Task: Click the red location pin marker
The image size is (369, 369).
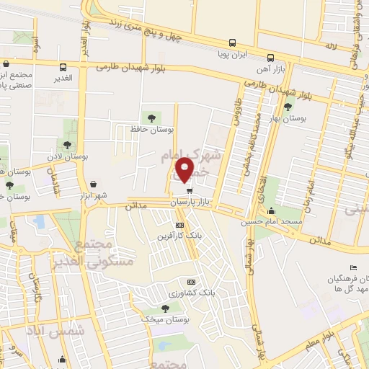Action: [x=186, y=169]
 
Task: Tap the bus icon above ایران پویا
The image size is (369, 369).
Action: [x=232, y=43]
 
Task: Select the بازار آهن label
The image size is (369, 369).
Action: [x=270, y=69]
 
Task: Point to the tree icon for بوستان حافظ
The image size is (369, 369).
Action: [x=151, y=117]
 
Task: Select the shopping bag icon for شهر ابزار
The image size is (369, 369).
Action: [x=94, y=184]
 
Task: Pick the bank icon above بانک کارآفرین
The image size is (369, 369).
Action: [x=179, y=226]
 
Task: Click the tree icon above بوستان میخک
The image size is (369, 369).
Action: [x=166, y=308]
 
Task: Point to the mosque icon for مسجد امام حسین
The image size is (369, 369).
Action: [x=270, y=210]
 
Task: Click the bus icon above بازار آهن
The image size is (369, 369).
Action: [x=270, y=58]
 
